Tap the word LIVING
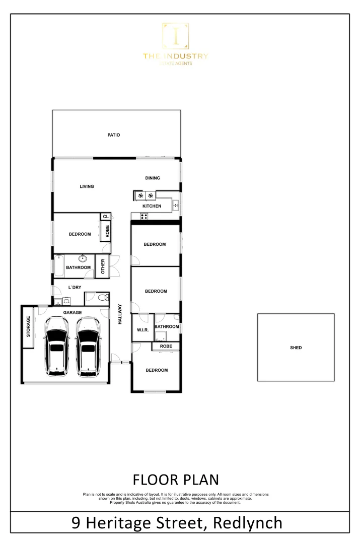tap(87, 186)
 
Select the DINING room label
tap(153, 178)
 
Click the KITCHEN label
tap(152, 206)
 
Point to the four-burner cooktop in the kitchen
tap(143, 217)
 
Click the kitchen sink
tap(176, 205)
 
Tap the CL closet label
tap(105, 217)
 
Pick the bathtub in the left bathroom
tap(58, 266)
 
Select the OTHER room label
tap(102, 266)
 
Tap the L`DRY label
tap(74, 288)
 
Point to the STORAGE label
tap(28, 326)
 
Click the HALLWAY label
tap(120, 314)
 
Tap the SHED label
tap(296, 348)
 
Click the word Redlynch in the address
tap(248, 523)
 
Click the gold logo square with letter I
tap(175, 36)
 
